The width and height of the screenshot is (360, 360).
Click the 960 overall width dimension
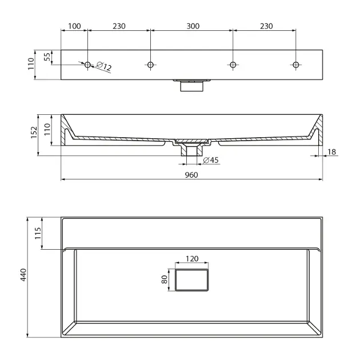[x=191, y=175]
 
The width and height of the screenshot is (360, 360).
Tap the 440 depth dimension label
[x=23, y=275]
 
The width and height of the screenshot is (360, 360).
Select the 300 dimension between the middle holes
[x=193, y=26]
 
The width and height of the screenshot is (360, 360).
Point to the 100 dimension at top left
[x=74, y=26]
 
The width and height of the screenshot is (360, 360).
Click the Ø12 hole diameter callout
[x=103, y=66]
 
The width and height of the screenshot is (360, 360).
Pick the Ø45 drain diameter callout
[x=211, y=160]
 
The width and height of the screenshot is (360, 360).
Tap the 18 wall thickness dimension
[x=331, y=152]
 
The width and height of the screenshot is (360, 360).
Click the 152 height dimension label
[x=34, y=133]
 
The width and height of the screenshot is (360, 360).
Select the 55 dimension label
[x=47, y=57]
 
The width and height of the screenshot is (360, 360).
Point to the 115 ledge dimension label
[x=38, y=233]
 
